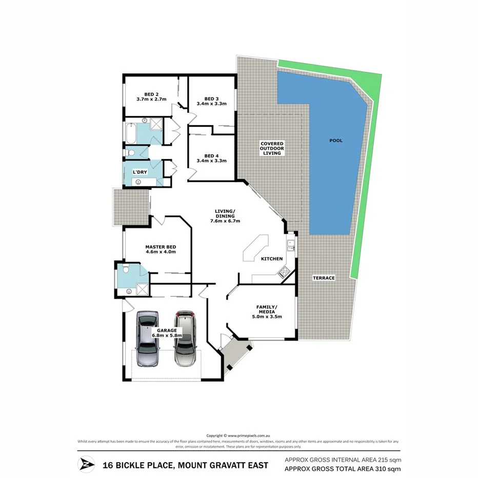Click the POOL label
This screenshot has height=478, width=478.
click(336, 141)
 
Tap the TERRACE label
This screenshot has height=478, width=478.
click(324, 278)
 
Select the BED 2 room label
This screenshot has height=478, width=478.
click(151, 94)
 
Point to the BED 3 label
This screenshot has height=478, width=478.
click(211, 98)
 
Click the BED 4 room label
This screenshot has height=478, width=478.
click(211, 156)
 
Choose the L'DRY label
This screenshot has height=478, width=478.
click(140, 171)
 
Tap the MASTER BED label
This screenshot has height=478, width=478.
click(161, 247)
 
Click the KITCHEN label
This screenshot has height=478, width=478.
click(272, 258)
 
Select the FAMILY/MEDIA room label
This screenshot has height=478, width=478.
click(266, 309)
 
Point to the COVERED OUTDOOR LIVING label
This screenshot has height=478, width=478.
click(272, 148)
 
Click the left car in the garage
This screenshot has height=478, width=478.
click(148, 338)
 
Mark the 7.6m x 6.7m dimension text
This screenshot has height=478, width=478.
click(225, 221)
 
